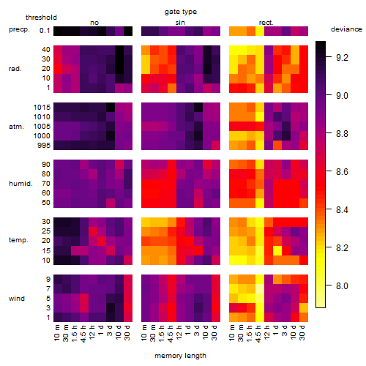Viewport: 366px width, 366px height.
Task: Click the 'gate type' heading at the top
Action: (181, 12)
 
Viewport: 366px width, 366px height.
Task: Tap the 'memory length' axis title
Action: (180, 356)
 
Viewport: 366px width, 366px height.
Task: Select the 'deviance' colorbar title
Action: (346, 29)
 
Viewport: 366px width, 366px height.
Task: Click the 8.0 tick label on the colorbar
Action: (342, 285)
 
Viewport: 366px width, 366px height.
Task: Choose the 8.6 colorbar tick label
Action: (342, 172)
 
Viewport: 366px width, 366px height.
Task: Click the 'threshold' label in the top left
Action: (41, 18)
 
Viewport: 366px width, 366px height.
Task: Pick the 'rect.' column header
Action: (266, 23)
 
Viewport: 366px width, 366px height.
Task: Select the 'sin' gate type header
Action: (180, 23)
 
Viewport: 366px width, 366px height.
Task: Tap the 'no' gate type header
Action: (94, 23)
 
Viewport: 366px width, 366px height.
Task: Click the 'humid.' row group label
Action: (20, 184)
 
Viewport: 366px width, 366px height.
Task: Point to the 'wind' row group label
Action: (17, 299)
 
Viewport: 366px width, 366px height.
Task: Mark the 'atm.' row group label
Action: (16, 127)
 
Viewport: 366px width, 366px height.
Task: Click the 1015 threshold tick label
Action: (42, 108)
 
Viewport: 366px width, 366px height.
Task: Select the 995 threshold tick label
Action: (44, 146)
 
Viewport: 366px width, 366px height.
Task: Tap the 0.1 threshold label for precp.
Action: (45, 31)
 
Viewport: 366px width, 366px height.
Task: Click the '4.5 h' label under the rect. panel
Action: (258, 334)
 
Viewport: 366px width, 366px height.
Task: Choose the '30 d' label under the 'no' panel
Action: (127, 332)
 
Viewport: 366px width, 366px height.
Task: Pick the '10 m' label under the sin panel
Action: (145, 332)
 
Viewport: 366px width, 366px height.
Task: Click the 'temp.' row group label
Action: (18, 240)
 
